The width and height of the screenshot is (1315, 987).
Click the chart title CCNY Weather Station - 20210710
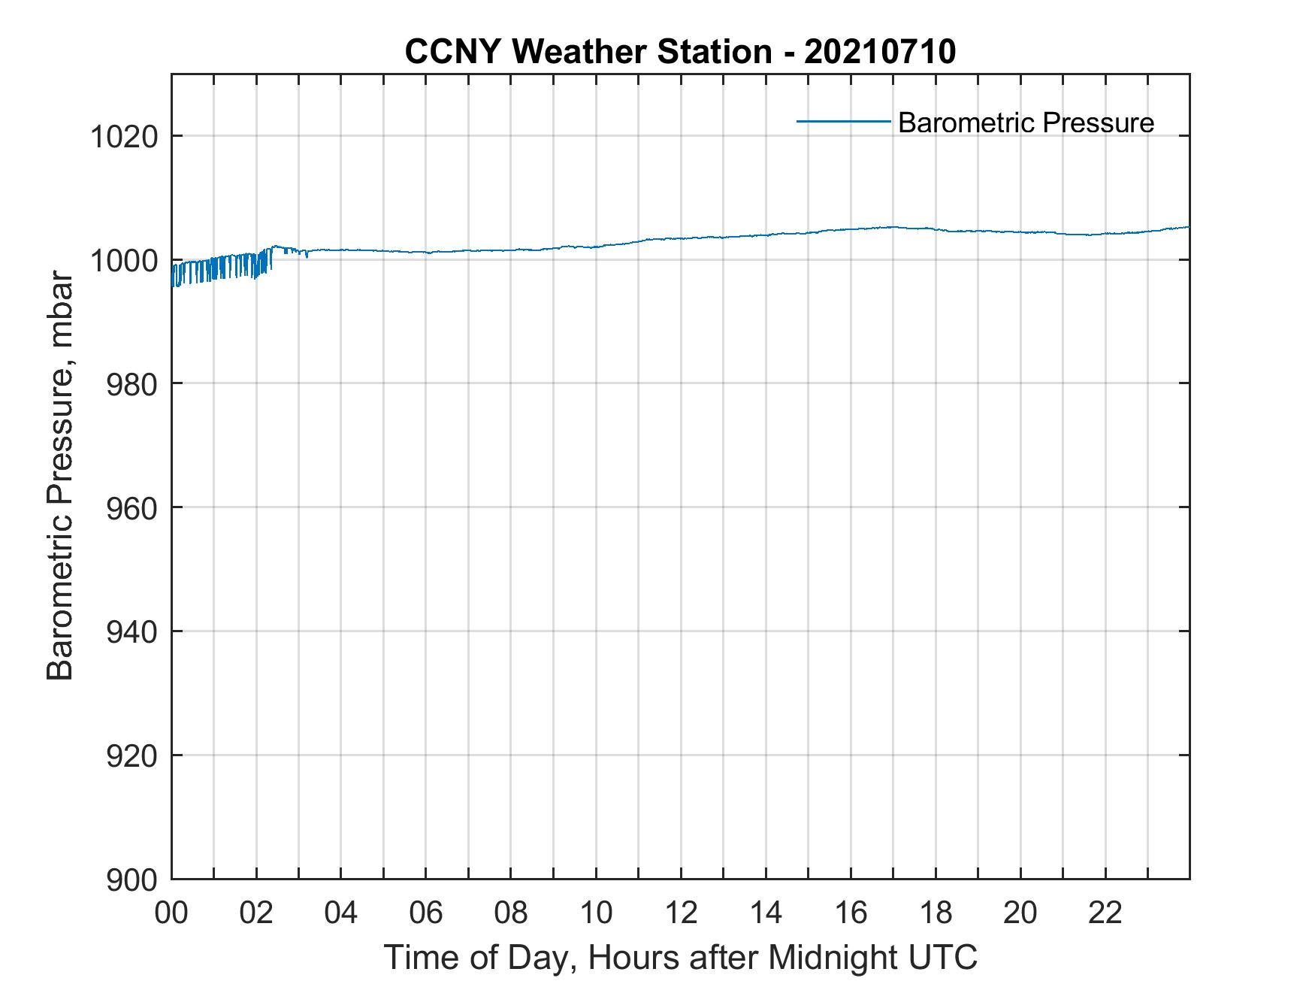click(x=680, y=52)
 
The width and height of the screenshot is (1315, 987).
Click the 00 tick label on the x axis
click(x=172, y=913)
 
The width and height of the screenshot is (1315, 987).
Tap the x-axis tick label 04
click(x=342, y=913)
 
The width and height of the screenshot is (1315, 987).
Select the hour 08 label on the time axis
click(x=512, y=913)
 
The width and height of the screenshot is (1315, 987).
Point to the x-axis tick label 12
click(x=682, y=913)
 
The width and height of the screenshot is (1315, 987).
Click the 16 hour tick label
click(x=851, y=913)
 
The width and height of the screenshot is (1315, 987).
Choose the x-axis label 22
click(x=1106, y=913)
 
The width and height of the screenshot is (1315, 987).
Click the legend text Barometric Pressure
click(x=1026, y=123)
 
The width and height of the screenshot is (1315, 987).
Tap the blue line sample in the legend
click(x=843, y=121)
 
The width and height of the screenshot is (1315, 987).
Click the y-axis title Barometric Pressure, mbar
click(x=60, y=477)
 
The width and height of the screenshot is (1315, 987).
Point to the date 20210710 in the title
click(x=880, y=52)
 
